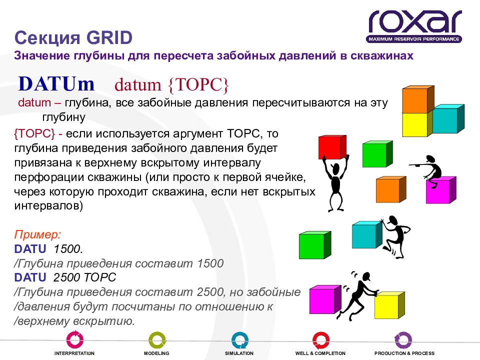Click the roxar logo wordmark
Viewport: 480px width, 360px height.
pyautogui.click(x=415, y=21)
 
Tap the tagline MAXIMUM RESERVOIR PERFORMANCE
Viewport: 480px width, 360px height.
pyautogui.click(x=414, y=39)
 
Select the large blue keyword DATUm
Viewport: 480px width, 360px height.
pyautogui.click(x=56, y=83)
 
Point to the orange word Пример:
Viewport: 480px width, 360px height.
pyautogui.click(x=37, y=234)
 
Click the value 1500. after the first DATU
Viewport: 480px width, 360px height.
pyautogui.click(x=68, y=249)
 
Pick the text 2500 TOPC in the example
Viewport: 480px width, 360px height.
pyautogui.click(x=84, y=277)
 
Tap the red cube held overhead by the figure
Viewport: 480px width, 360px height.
pyautogui.click(x=332, y=147)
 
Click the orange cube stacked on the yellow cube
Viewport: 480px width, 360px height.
pyautogui.click(x=418, y=99)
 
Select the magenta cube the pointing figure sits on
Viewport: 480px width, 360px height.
pyautogui.click(x=441, y=190)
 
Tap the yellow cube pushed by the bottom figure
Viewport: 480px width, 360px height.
pyautogui.click(x=389, y=305)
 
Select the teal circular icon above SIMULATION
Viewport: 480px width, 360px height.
pyautogui.click(x=239, y=340)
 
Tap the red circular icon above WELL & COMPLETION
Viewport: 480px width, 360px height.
pyautogui.click(x=321, y=340)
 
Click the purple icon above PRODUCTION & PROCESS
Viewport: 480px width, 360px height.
pyautogui.click(x=403, y=340)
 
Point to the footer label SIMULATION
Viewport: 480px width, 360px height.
pyautogui.click(x=239, y=353)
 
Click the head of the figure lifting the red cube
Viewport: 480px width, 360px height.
pyautogui.click(x=335, y=168)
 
